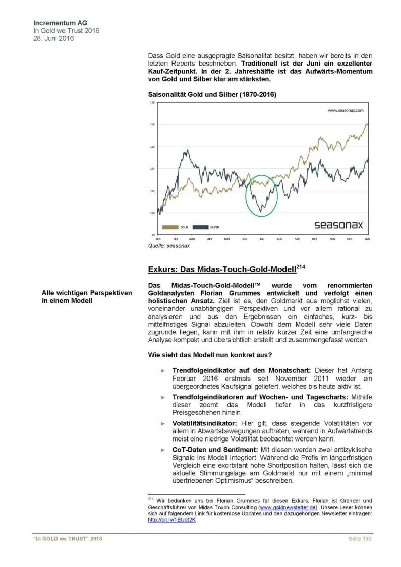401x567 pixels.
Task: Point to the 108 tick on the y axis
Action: coord(152,124)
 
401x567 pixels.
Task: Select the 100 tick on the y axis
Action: coord(152,213)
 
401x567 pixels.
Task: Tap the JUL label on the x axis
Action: coord(262,238)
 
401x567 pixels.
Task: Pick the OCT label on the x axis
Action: coord(314,238)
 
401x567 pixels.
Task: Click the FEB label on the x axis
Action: coord(175,238)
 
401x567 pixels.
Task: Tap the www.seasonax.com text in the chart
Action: coord(346,109)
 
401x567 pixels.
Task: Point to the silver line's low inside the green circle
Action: coord(261,211)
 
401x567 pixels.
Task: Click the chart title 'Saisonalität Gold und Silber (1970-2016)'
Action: coord(212,94)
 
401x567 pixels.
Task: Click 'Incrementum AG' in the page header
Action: coord(57,23)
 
